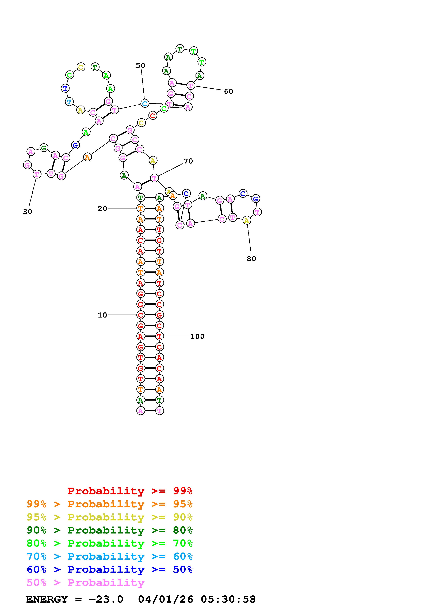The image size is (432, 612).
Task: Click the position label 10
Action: coord(102,315)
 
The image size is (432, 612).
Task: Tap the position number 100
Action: coord(197,336)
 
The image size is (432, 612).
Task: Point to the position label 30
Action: coord(27,212)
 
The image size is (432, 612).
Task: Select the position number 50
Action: coord(140,66)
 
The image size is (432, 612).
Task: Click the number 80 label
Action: coord(251,259)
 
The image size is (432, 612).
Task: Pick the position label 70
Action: coord(188,161)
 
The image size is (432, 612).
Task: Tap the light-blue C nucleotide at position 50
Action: coord(144,103)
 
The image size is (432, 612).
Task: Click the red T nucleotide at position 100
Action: coord(159,336)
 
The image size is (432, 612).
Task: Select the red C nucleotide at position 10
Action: coord(140,315)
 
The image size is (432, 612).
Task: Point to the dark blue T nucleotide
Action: coord(65,88)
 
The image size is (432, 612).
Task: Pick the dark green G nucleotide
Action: coord(44,148)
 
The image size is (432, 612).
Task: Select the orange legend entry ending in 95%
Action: coord(110,504)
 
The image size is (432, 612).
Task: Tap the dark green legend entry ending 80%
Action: coord(110,530)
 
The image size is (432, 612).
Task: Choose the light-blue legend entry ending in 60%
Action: coord(110,556)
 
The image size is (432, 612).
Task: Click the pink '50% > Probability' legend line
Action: coord(85,582)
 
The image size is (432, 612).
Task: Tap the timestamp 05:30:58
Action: coord(228,599)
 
